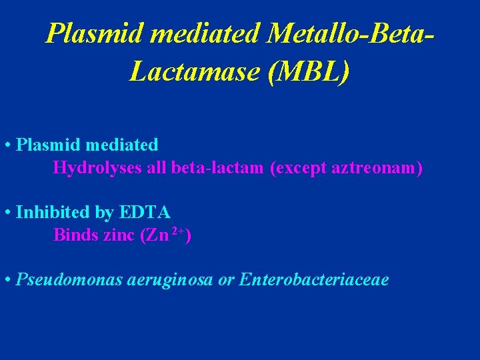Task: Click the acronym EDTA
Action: (145, 213)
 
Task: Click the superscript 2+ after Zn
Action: (178, 231)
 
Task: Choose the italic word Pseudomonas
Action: (69, 280)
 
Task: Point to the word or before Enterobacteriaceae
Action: (226, 280)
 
